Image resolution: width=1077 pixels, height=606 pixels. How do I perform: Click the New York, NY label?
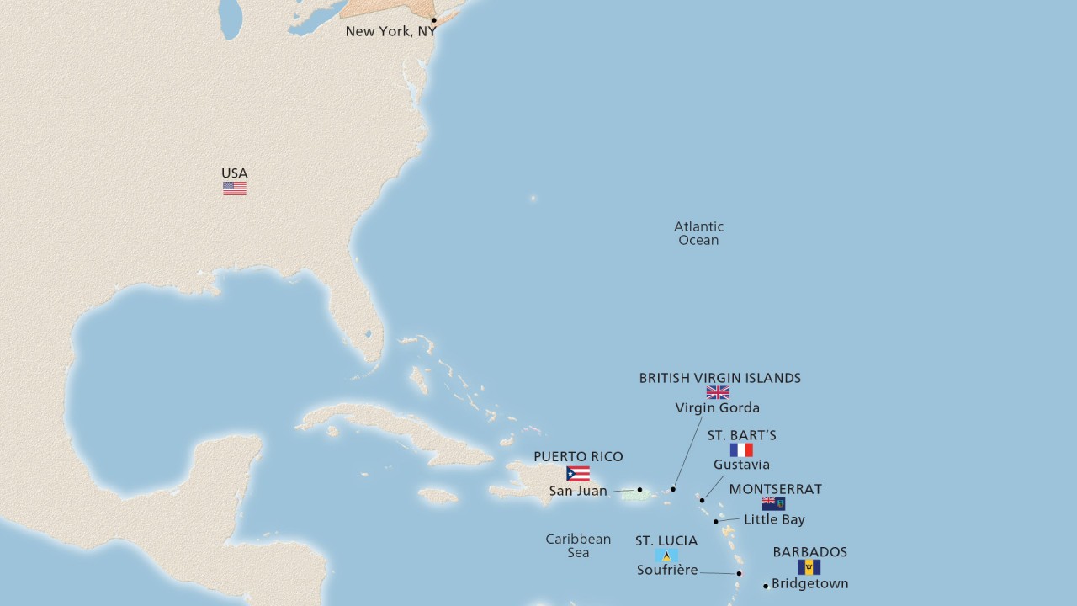(390, 32)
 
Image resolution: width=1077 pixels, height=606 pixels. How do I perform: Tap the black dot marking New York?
(434, 20)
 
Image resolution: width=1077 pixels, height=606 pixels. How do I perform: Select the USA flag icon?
(235, 189)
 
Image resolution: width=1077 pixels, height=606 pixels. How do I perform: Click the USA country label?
(235, 173)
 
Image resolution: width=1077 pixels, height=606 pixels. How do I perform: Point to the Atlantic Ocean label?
(698, 233)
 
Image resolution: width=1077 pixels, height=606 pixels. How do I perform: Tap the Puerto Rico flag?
(578, 474)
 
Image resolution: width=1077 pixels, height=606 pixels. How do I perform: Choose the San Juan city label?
(578, 491)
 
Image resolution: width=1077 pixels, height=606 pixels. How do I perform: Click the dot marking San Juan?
(639, 489)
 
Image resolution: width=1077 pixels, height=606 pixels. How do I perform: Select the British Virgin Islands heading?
(719, 379)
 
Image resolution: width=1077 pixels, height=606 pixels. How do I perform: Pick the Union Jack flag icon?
(718, 393)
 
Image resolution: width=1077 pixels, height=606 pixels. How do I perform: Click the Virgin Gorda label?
(718, 408)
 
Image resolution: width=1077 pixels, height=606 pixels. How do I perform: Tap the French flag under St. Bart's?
(741, 450)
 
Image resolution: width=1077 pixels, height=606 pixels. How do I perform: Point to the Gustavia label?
(741, 465)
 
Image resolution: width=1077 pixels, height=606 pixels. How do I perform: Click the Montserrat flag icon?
(773, 504)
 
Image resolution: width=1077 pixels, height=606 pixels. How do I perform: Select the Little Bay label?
(774, 519)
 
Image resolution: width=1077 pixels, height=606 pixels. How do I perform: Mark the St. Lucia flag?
(666, 555)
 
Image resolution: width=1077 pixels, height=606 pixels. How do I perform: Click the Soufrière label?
(667, 570)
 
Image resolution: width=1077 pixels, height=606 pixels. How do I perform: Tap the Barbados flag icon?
(809, 567)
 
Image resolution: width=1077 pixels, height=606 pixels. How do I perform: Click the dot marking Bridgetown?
(766, 586)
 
